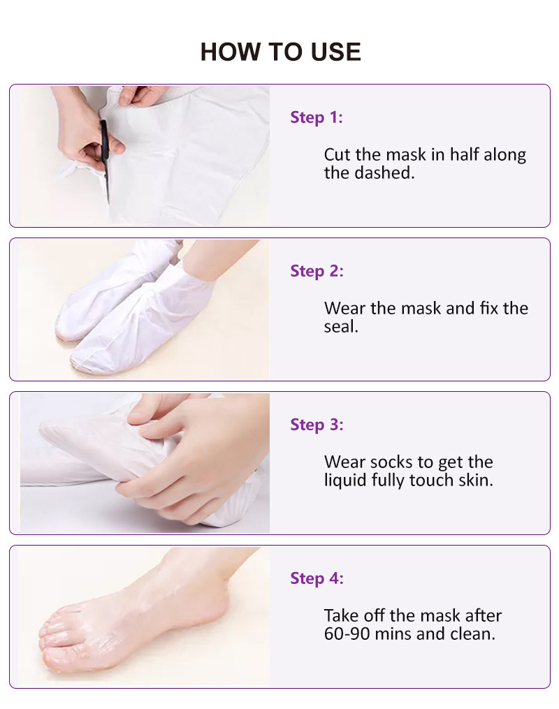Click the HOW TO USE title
point(280,52)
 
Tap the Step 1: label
point(317,117)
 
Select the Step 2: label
point(317,271)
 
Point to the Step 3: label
point(317,425)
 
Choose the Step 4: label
point(317,579)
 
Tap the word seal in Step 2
point(340,326)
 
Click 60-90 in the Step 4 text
point(347,634)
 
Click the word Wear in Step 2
point(344,308)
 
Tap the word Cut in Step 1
point(337,154)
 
